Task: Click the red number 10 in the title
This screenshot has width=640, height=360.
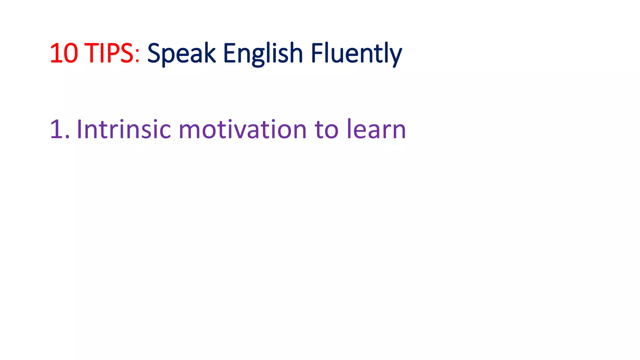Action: (64, 53)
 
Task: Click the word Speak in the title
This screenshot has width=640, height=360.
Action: (181, 53)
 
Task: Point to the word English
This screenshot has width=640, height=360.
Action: (263, 53)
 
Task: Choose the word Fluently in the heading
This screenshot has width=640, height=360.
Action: (356, 53)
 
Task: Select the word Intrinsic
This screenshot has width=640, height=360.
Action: (124, 129)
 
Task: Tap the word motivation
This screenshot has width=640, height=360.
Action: (242, 129)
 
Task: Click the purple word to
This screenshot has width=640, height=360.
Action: (326, 129)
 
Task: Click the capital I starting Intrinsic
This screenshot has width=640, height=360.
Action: (79, 129)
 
